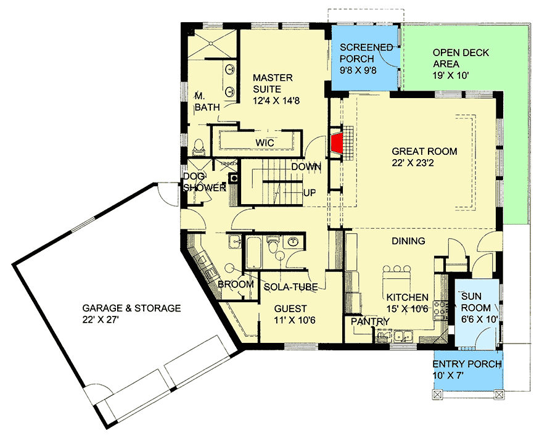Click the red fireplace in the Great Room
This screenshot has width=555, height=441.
(x=337, y=142)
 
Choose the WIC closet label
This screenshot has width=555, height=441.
(x=265, y=143)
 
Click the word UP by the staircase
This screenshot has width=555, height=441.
(x=310, y=192)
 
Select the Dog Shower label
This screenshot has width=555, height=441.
(x=203, y=182)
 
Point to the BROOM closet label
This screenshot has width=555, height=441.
(x=236, y=284)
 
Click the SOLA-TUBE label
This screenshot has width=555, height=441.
(x=290, y=287)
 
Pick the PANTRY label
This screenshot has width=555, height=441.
(x=370, y=321)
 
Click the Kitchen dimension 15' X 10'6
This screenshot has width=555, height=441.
(x=407, y=308)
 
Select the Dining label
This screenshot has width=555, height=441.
(x=408, y=241)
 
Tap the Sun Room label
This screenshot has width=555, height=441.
(x=476, y=302)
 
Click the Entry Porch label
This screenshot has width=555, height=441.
(x=467, y=369)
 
